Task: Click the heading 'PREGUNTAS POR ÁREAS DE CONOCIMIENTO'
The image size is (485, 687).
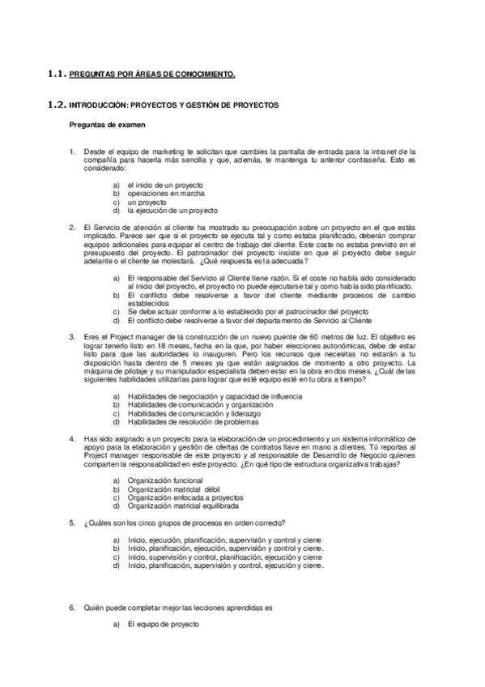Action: point(152,75)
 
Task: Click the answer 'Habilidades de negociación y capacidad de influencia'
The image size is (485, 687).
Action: point(215,396)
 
